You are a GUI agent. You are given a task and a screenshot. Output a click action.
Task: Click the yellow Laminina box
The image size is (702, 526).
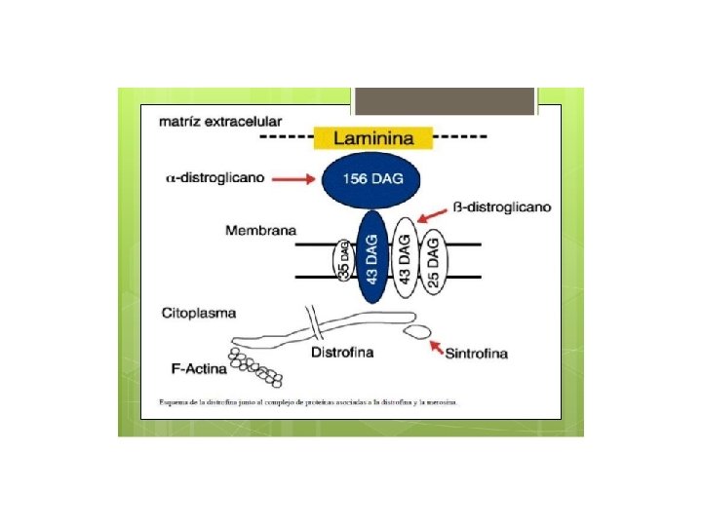click(x=373, y=137)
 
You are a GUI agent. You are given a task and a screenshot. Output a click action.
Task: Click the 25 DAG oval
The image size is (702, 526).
click(x=435, y=259)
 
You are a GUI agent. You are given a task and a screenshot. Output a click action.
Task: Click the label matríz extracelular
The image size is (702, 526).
click(x=220, y=122)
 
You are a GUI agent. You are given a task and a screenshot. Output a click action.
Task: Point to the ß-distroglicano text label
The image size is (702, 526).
click(x=502, y=207)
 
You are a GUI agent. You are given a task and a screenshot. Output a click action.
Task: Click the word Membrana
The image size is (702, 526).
click(x=261, y=231)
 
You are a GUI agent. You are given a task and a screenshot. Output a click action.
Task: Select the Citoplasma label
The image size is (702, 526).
click(x=199, y=313)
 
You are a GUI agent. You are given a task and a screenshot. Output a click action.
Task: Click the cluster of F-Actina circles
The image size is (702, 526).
click(x=255, y=364)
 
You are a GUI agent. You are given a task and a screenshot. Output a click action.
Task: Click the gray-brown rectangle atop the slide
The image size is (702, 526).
click(x=444, y=101)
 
